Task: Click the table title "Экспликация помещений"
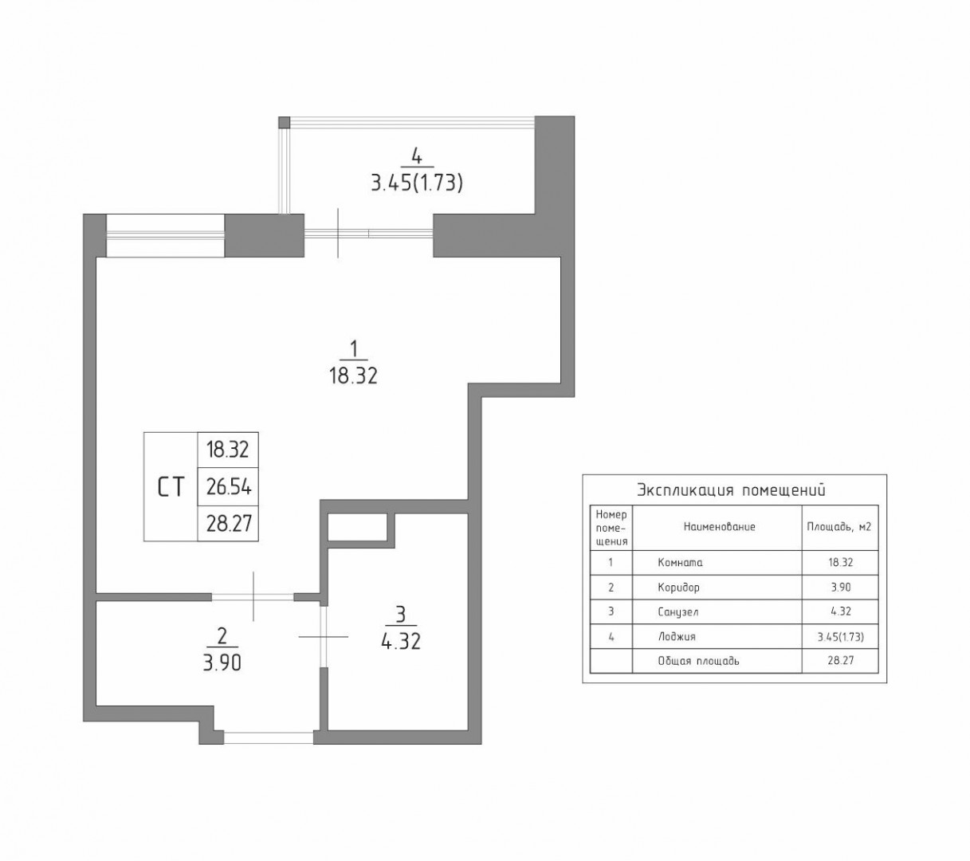point(731,490)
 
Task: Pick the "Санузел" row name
point(678,611)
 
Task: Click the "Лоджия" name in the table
point(677,636)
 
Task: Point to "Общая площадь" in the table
point(698,662)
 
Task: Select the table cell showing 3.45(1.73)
point(841,636)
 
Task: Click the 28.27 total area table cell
point(841,661)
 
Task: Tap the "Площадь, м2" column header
point(839,527)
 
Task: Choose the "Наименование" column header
point(719,527)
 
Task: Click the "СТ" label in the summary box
point(171,487)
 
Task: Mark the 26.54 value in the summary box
point(229,487)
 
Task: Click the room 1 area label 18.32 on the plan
point(353,375)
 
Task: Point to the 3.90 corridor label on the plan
point(222,663)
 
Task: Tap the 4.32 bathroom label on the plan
point(401,641)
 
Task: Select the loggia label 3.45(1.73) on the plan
point(417,183)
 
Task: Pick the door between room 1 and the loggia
point(369,234)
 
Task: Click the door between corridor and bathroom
point(324,636)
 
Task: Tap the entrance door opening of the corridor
point(269,737)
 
